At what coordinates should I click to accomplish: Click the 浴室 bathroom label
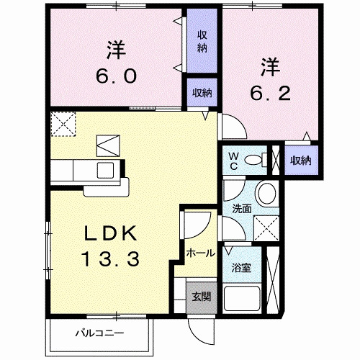[240, 268]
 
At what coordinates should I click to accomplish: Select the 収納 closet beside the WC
[301, 161]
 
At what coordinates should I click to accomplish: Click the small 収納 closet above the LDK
[202, 93]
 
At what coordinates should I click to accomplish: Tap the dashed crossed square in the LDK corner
[63, 124]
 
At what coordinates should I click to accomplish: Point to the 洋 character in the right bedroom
[269, 67]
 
